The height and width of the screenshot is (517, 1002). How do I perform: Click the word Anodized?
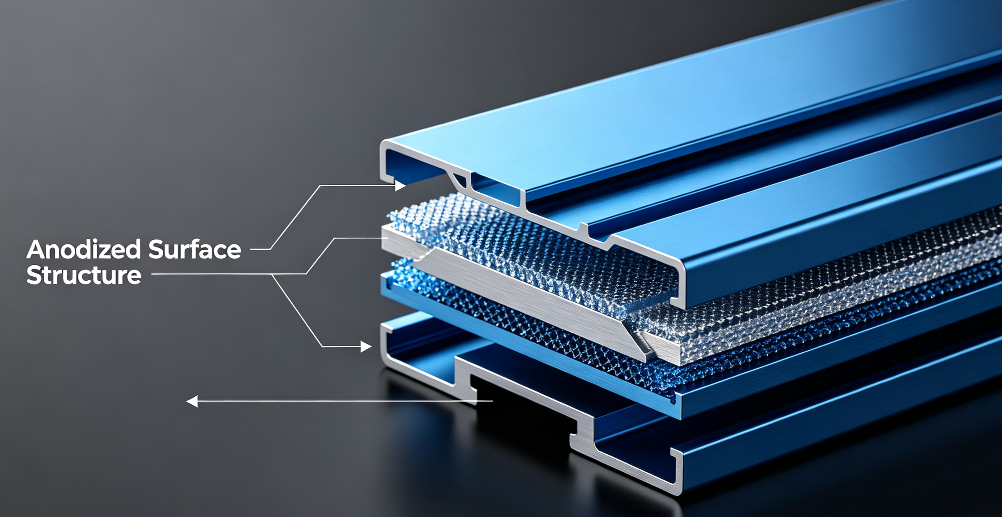84,249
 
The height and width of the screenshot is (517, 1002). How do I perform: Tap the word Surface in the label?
195,249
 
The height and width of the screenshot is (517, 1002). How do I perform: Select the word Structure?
84,275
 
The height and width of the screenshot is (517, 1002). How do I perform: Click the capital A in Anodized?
35,249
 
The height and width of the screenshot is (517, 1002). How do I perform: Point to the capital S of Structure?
33,275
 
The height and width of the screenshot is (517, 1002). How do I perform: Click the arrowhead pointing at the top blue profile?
400,185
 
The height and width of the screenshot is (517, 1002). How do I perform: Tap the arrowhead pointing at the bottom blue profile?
366,347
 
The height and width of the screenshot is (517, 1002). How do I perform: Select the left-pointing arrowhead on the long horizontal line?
192,402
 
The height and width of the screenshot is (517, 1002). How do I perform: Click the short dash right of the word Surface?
260,249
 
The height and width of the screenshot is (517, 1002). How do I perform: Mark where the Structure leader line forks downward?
272,274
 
